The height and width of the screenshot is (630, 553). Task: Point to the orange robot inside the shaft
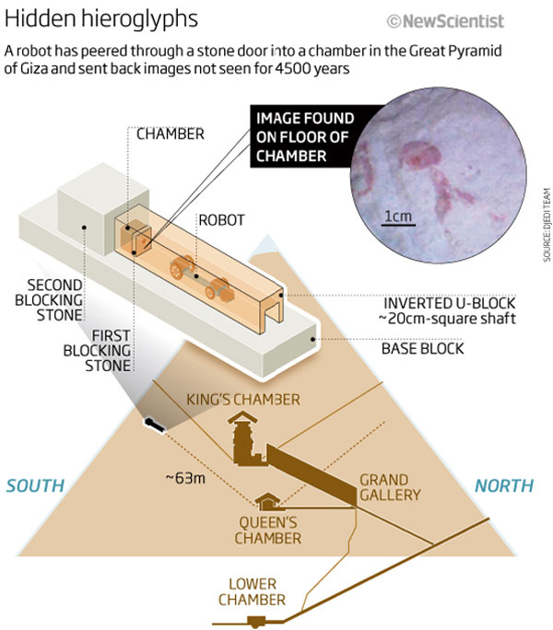pos(200,274)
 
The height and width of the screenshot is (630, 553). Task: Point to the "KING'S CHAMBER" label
pos(243,400)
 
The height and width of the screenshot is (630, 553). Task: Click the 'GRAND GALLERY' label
pos(390,487)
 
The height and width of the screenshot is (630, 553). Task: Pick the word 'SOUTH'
pos(37,485)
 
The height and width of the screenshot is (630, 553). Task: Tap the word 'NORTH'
pos(502,485)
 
